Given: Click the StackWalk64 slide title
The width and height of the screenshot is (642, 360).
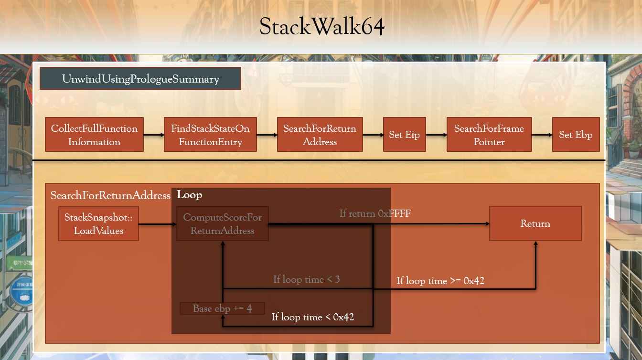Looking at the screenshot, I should click(321, 27).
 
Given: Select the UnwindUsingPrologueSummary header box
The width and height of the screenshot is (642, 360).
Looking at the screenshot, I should click(140, 79).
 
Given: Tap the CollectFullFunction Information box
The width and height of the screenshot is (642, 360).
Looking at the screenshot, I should click(94, 135).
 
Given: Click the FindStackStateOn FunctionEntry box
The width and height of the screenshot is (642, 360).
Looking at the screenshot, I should click(210, 135).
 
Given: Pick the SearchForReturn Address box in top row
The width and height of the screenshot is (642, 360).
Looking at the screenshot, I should click(320, 135).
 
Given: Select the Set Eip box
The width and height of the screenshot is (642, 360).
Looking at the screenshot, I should click(404, 135).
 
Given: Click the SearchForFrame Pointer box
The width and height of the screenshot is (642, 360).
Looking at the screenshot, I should click(489, 135).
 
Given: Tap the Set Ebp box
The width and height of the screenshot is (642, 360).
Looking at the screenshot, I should click(576, 135).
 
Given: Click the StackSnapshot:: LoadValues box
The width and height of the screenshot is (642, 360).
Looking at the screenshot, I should click(98, 223).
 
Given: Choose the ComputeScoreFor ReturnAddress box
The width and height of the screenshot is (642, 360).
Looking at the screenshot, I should click(222, 223).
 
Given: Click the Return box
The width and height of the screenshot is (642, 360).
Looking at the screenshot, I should click(535, 223).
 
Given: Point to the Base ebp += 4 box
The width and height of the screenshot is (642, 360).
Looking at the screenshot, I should click(222, 308).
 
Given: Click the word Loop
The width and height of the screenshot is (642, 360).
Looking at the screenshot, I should click(189, 195).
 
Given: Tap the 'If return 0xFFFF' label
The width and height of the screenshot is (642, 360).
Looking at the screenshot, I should click(375, 213).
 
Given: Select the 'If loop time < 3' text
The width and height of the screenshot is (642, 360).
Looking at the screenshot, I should click(306, 279).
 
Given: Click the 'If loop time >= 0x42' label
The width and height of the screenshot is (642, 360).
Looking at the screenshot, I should click(440, 281).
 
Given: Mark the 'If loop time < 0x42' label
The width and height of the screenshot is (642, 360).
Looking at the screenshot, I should click(312, 317).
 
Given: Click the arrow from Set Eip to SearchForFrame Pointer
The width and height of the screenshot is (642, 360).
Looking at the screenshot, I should click(436, 135).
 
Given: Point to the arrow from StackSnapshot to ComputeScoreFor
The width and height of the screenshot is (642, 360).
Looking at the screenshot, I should click(157, 223).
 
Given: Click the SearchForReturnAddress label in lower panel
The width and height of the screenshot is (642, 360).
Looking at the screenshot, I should click(110, 195).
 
